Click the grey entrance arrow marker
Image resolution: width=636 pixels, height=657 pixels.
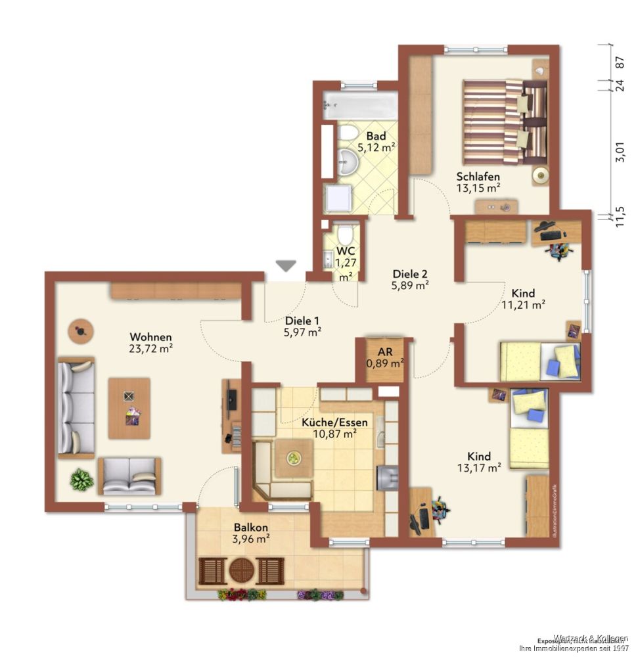click(x=285, y=265)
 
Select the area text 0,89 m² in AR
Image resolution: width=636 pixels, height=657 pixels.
click(x=384, y=362)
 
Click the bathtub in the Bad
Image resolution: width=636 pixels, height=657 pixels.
click(x=360, y=106)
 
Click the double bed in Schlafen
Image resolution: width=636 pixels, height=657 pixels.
click(x=504, y=122)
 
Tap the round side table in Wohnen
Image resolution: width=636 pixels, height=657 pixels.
click(x=81, y=332)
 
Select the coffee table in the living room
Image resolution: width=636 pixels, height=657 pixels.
click(x=129, y=408)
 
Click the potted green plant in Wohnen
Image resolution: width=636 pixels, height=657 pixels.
click(x=81, y=480)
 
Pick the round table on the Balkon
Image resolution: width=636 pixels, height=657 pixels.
click(x=241, y=570)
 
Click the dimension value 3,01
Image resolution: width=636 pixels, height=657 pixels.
click(x=619, y=155)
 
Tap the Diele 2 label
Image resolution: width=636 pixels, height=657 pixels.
click(x=411, y=274)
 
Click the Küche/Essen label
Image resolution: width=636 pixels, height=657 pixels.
click(x=334, y=422)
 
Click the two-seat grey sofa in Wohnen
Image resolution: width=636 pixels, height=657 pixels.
click(x=129, y=476)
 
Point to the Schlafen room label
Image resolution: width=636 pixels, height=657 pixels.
click(x=478, y=177)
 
